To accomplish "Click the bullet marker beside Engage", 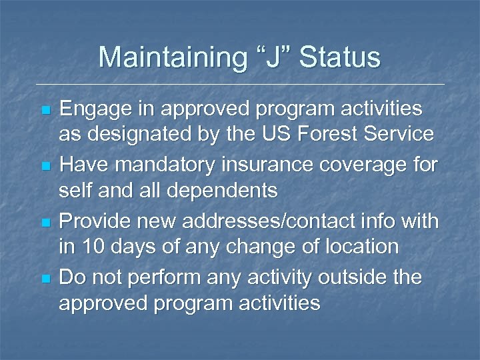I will pyautogui.click(x=45, y=109).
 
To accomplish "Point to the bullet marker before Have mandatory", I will pyautogui.click(x=45, y=164).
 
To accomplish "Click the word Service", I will pyautogui.click(x=402, y=135).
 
